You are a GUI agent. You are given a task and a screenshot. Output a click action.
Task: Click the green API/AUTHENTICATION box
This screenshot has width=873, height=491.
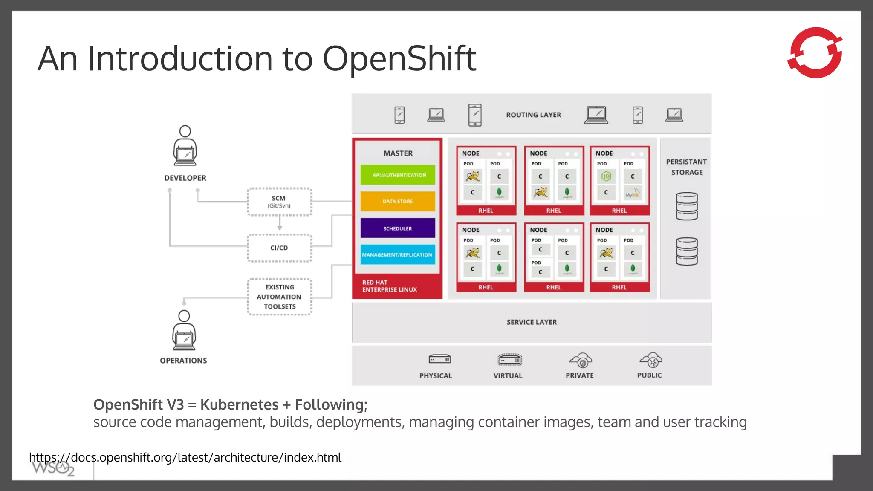[397, 175]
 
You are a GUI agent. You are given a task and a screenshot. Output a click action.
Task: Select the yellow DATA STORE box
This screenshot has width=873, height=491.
[397, 201]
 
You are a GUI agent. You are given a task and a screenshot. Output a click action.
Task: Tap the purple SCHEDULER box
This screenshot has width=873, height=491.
[397, 228]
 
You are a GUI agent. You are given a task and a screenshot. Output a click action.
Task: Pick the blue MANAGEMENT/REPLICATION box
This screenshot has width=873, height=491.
[397, 254]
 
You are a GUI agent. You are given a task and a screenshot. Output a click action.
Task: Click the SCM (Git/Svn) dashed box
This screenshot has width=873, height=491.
[279, 202]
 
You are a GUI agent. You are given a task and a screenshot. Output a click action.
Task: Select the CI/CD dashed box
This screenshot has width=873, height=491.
[279, 248]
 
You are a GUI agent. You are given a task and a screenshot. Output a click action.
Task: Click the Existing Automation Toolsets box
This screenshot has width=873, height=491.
[279, 297]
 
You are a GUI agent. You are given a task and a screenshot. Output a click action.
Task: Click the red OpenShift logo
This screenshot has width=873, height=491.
[815, 52]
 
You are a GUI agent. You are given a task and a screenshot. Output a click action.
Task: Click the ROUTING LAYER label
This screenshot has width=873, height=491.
[533, 115]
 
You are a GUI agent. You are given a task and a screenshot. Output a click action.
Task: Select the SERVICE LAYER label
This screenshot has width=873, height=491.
[532, 322]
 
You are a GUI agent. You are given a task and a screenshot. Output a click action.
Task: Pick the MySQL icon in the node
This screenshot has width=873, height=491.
[633, 193]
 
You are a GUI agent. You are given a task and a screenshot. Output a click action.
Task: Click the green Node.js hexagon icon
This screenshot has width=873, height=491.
[606, 176]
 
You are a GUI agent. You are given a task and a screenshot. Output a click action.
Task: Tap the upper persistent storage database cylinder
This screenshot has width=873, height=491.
[687, 206]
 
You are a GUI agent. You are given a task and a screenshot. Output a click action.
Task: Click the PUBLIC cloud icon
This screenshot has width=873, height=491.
[650, 361]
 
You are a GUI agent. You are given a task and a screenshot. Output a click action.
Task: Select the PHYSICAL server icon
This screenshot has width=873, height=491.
[439, 359]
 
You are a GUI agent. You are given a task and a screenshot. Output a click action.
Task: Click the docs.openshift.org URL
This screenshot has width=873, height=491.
[185, 457]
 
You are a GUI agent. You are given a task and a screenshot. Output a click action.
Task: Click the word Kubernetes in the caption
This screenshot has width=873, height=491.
[239, 404]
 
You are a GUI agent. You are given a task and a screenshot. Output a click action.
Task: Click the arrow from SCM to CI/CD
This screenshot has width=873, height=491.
[280, 223]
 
